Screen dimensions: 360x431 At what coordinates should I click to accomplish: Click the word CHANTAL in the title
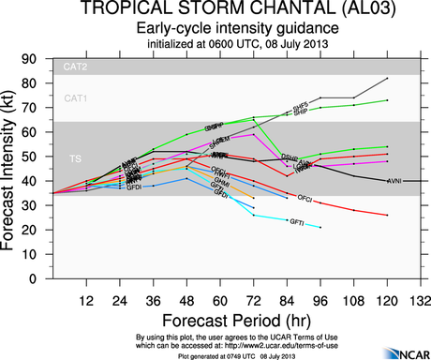coord(275,10)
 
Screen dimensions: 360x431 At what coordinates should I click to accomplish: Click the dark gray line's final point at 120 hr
coord(387,78)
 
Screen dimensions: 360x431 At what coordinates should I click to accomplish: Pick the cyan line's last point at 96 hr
coord(320,227)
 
